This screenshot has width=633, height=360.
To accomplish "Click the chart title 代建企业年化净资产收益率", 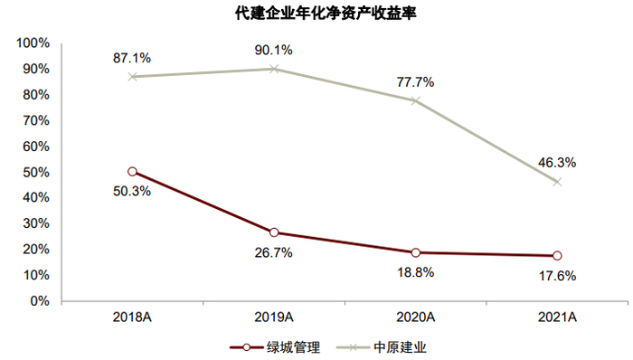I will point(316,14).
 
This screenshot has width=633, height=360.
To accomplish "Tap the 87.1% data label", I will point(132,58).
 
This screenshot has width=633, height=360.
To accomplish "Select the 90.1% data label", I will point(274,50).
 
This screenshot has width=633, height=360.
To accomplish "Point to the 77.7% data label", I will point(415,81).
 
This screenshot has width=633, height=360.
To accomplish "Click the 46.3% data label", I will point(557,163).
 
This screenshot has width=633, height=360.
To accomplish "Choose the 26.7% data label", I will point(274,253).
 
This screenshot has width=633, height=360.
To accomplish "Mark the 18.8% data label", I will point(415,272).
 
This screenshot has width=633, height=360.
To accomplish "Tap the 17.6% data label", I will point(557,276).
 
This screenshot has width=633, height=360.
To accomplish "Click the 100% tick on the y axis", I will point(32,43).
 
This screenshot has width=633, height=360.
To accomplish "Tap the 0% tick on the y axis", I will point(39,301).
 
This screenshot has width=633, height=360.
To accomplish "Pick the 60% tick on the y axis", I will point(34,147).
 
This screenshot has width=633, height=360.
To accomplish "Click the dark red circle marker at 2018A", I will point(132,172).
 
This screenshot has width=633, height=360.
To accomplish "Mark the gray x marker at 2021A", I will point(557,182).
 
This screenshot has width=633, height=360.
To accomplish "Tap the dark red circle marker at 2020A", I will point(415,252).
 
